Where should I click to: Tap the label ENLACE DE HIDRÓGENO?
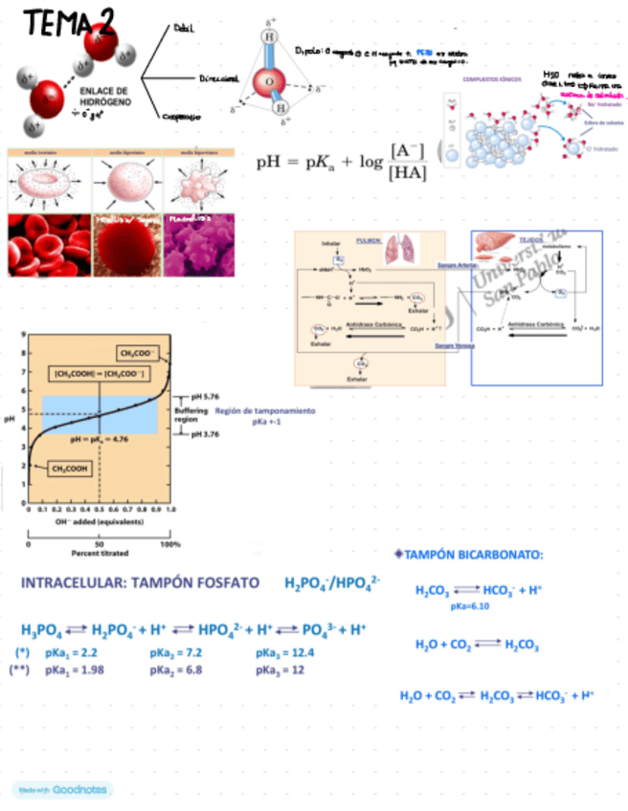click(92, 97)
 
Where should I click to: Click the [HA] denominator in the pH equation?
click(408, 171)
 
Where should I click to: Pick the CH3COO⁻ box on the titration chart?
click(137, 352)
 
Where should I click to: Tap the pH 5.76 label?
click(205, 396)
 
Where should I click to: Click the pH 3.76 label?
click(205, 433)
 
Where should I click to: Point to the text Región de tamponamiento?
click(264, 411)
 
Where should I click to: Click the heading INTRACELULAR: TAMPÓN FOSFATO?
click(140, 583)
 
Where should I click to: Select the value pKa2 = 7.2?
click(179, 653)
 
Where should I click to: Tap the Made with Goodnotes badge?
click(62, 790)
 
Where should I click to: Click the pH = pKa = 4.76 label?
click(100, 439)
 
